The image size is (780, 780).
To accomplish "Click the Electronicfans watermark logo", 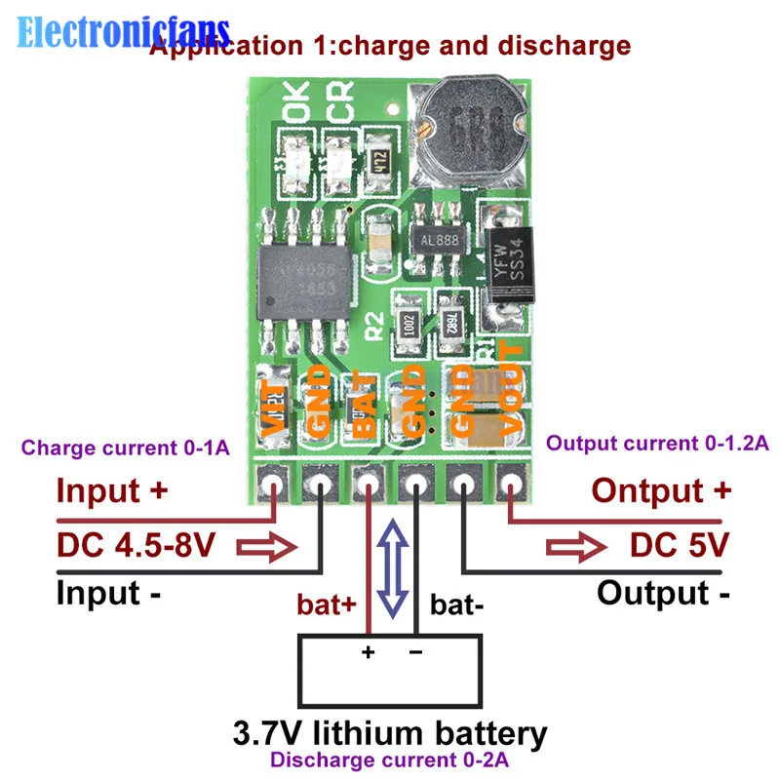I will (123, 32).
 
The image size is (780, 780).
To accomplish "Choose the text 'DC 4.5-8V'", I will (136, 543).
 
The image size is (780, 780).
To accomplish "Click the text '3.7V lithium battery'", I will (390, 732).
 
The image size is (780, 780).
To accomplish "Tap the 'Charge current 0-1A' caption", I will (126, 448).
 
